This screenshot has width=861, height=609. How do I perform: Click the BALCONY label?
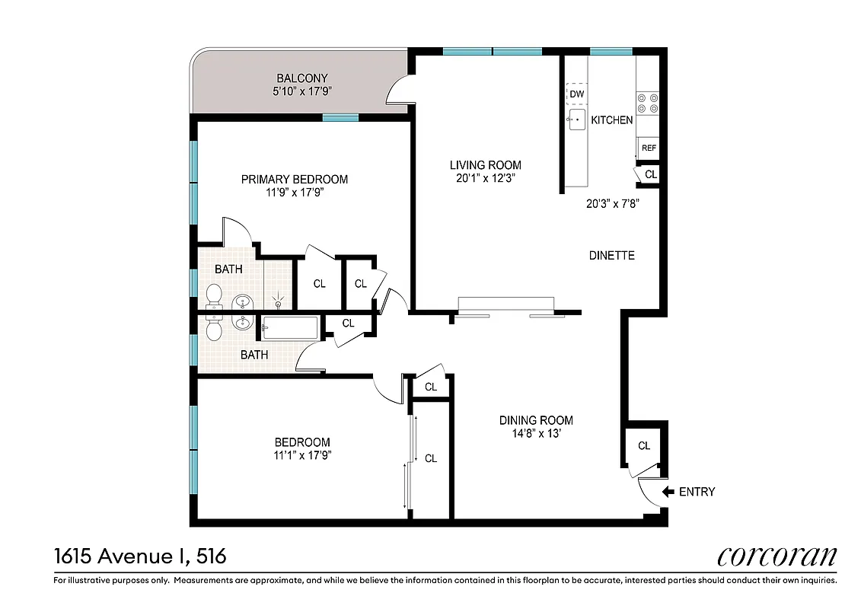301,78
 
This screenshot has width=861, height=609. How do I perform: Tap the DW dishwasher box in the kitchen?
577,94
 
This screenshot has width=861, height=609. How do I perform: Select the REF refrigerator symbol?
649,148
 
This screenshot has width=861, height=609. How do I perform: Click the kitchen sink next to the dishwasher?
577,120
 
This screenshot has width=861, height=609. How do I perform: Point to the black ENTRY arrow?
668,492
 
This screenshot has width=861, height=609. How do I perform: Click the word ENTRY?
697,492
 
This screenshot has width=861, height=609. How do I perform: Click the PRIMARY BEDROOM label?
295,180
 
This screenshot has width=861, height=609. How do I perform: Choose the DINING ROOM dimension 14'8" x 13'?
536,434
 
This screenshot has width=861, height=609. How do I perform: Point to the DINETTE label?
611,256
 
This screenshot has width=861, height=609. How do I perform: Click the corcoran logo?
776,556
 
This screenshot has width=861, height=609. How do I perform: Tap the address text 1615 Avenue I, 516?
140,556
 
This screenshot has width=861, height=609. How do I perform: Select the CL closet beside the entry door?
644,446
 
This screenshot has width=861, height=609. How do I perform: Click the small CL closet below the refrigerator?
650,174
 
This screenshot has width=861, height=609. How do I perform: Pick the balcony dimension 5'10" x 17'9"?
301,91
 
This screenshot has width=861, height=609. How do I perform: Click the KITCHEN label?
612,120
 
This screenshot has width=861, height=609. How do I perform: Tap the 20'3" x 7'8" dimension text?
611,203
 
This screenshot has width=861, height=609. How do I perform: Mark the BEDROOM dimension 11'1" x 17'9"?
302,456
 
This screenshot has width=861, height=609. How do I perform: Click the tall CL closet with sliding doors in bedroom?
431,458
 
